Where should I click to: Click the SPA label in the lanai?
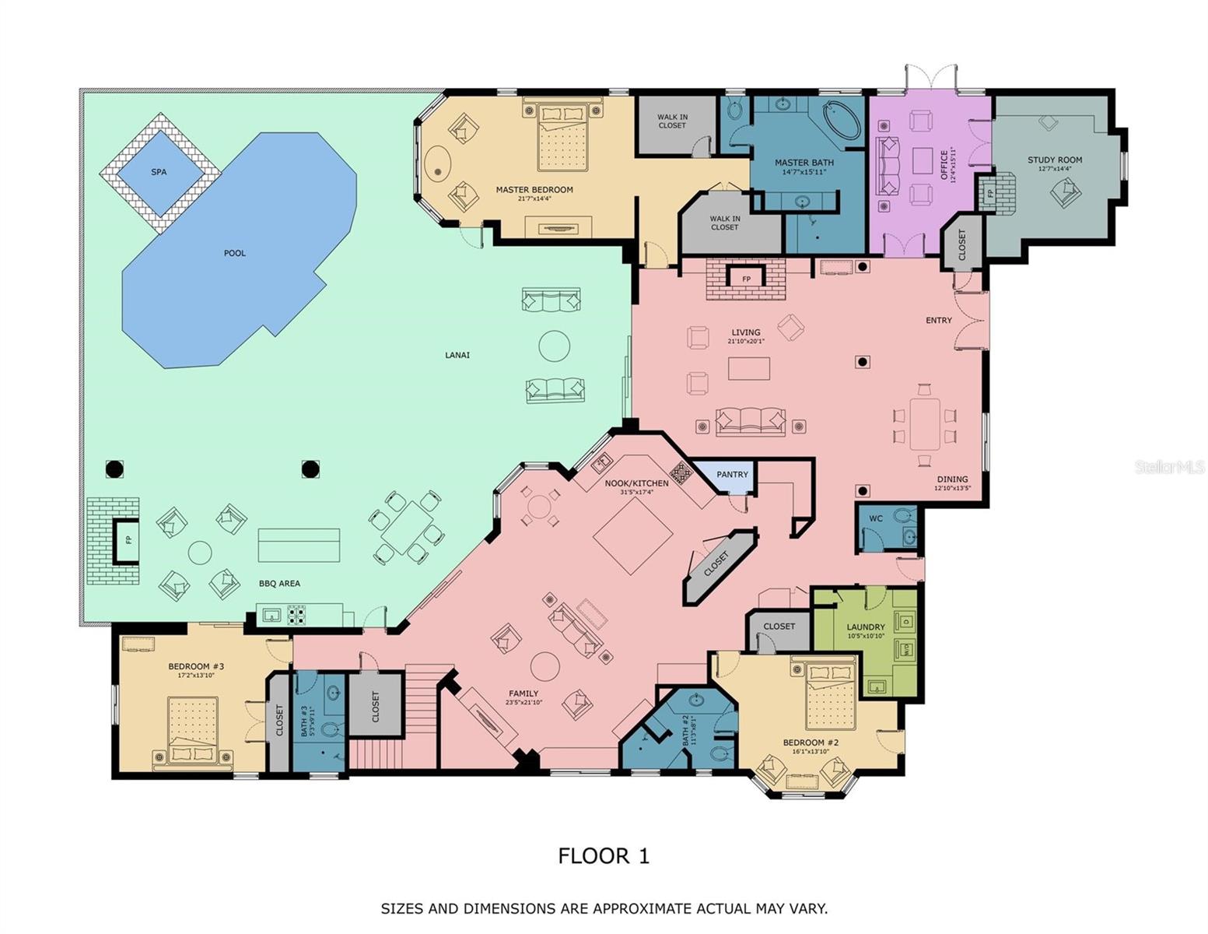(159, 172)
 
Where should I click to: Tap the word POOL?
(235, 253)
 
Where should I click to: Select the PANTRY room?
(732, 474)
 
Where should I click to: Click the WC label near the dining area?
(876, 518)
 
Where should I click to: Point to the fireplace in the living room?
(746, 279)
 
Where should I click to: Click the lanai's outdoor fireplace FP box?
(128, 540)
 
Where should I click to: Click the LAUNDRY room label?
(866, 627)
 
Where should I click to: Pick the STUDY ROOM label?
(1055, 160)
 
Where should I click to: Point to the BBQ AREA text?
(279, 583)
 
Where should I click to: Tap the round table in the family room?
(544, 666)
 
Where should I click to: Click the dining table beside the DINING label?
(924, 423)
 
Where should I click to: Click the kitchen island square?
(633, 535)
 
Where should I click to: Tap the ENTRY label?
(939, 320)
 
